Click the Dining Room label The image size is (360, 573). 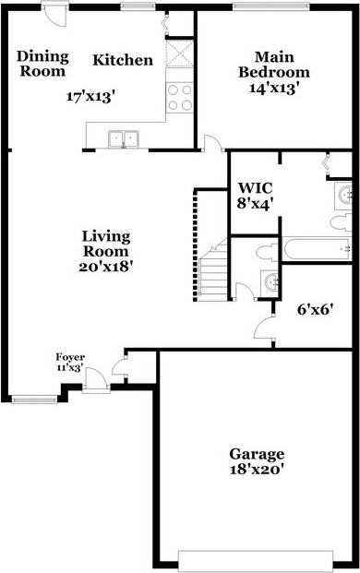pyautogui.click(x=42, y=64)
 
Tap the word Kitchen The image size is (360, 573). pyautogui.click(x=123, y=60)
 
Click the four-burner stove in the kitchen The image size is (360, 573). pyautogui.click(x=180, y=98)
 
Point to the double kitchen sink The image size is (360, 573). pyautogui.click(x=122, y=139)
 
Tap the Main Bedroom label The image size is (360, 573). pyautogui.click(x=274, y=64)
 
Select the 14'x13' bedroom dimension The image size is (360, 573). pyautogui.click(x=274, y=89)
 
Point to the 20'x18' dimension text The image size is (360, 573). pyautogui.click(x=107, y=267)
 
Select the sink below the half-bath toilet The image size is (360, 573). pyautogui.click(x=270, y=281)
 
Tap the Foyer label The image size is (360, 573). pyautogui.click(x=70, y=356)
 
